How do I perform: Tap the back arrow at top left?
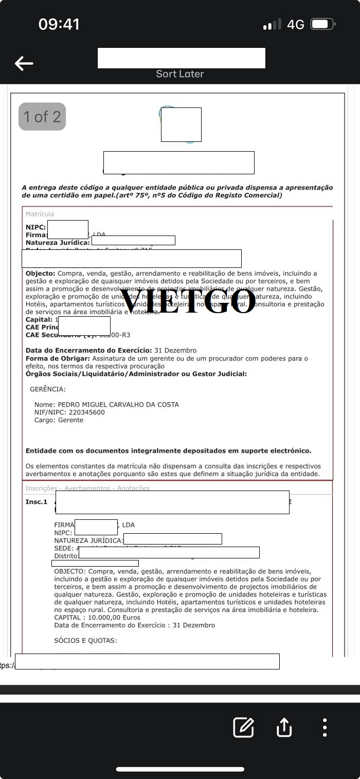pyautogui.click(x=24, y=63)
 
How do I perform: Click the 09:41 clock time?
pyautogui.click(x=59, y=24)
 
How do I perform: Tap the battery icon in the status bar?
pyautogui.click(x=323, y=24)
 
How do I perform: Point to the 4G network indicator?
pyautogui.click(x=296, y=24)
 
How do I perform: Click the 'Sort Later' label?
pyautogui.click(x=180, y=74)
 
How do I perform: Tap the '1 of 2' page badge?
pyautogui.click(x=42, y=117)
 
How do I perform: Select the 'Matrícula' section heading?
pyautogui.click(x=40, y=214)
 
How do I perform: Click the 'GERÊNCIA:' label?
pyautogui.click(x=48, y=389)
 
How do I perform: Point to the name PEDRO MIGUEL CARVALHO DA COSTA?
pyautogui.click(x=118, y=405)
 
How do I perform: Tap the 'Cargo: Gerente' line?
pyautogui.click(x=59, y=420)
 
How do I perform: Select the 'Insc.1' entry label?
pyautogui.click(x=37, y=502)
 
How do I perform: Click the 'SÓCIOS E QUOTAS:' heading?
pyautogui.click(x=85, y=641)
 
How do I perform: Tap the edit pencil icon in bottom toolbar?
pyautogui.click(x=243, y=727)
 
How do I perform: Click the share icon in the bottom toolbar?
pyautogui.click(x=284, y=727)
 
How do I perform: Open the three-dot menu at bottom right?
pyautogui.click(x=325, y=727)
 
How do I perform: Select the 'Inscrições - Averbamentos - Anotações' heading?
pyautogui.click(x=87, y=488)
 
